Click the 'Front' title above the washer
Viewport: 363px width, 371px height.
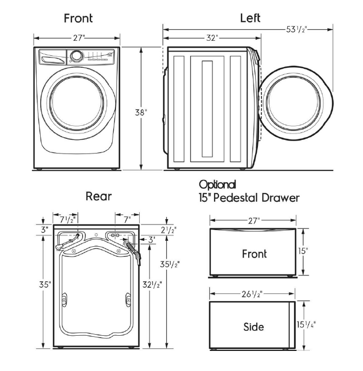pos(78,18)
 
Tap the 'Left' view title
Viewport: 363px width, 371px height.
pos(250,18)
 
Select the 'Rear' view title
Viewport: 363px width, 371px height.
pos(99,196)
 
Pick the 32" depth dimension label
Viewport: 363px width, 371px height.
pos(212,38)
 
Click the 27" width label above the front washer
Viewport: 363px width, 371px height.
pos(76,38)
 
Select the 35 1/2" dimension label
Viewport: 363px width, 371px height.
pos(170,264)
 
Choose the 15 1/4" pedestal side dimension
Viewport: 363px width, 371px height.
pos(307,325)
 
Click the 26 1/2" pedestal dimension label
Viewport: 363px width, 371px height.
pos(252,295)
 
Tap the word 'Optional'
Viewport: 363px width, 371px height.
pos(217,184)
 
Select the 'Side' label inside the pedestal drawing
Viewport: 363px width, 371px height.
pos(254,327)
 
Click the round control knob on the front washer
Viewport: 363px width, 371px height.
pos(76,55)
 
